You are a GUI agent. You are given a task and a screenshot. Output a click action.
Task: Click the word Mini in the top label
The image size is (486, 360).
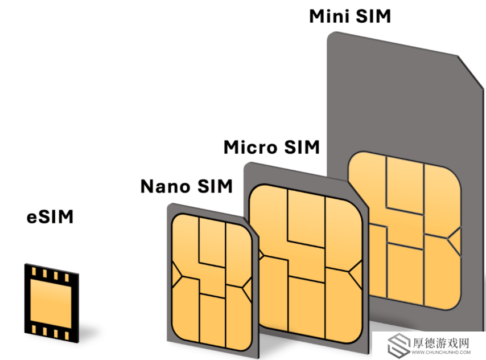click(330, 16)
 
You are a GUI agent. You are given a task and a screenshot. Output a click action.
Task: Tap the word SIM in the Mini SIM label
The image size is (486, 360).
click(373, 16)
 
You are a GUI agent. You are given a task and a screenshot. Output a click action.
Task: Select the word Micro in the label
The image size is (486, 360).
click(250, 147)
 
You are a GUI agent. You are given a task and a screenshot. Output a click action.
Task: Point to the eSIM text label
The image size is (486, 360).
click(50, 216)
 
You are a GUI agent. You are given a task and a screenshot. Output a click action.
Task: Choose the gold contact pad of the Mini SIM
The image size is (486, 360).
click(405, 230)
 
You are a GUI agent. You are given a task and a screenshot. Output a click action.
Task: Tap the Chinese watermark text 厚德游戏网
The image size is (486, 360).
click(440, 343)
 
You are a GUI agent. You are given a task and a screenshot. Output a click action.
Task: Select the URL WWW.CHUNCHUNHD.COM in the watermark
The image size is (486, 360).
click(441, 353)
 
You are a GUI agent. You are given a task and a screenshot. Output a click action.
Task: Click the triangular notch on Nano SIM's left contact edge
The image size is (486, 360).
click(176, 275)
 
